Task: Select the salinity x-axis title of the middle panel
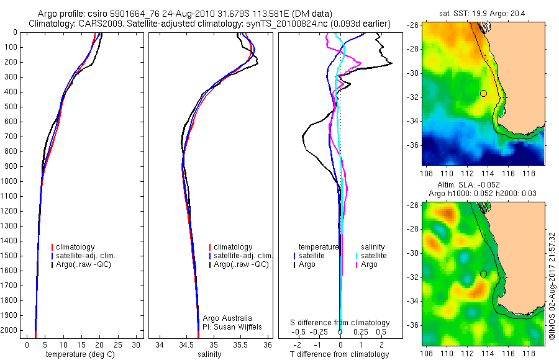click(x=209, y=354)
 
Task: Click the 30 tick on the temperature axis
click(x=137, y=344)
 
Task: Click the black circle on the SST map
click(x=483, y=93)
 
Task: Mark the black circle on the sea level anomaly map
click(x=483, y=274)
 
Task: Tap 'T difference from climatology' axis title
click(x=340, y=354)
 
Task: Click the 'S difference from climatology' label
click(x=340, y=323)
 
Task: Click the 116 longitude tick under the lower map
click(x=507, y=353)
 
